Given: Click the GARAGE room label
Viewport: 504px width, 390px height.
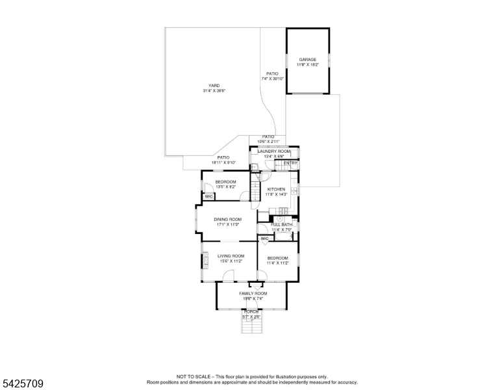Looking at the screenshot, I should coord(307,59).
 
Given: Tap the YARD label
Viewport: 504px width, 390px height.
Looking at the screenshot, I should coord(214,86).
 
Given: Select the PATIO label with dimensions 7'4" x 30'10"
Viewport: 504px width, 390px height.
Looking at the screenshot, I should coord(272,74).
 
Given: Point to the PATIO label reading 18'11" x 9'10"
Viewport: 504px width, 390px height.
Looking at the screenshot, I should coord(223,157).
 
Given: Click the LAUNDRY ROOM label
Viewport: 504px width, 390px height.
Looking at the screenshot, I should coord(274,151).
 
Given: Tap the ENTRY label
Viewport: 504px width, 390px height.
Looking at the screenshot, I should coord(290,162).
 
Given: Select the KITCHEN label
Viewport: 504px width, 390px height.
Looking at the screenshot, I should coord(276,189).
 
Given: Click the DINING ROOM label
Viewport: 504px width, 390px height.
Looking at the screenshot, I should coord(227,220).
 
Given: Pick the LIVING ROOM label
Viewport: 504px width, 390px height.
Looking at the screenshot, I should coord(230,256).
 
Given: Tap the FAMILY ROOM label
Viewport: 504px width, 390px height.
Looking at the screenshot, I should coord(253,294).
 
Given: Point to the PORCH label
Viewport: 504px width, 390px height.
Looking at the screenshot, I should coord(251,312).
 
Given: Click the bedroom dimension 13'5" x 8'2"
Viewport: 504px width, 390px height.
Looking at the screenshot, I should coord(225,187).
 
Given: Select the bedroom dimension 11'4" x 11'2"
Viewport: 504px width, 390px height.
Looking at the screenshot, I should coord(277,263).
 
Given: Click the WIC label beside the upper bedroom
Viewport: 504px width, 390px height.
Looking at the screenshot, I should coord(208,196).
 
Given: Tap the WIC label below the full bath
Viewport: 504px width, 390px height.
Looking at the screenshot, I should coord(264,239).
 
